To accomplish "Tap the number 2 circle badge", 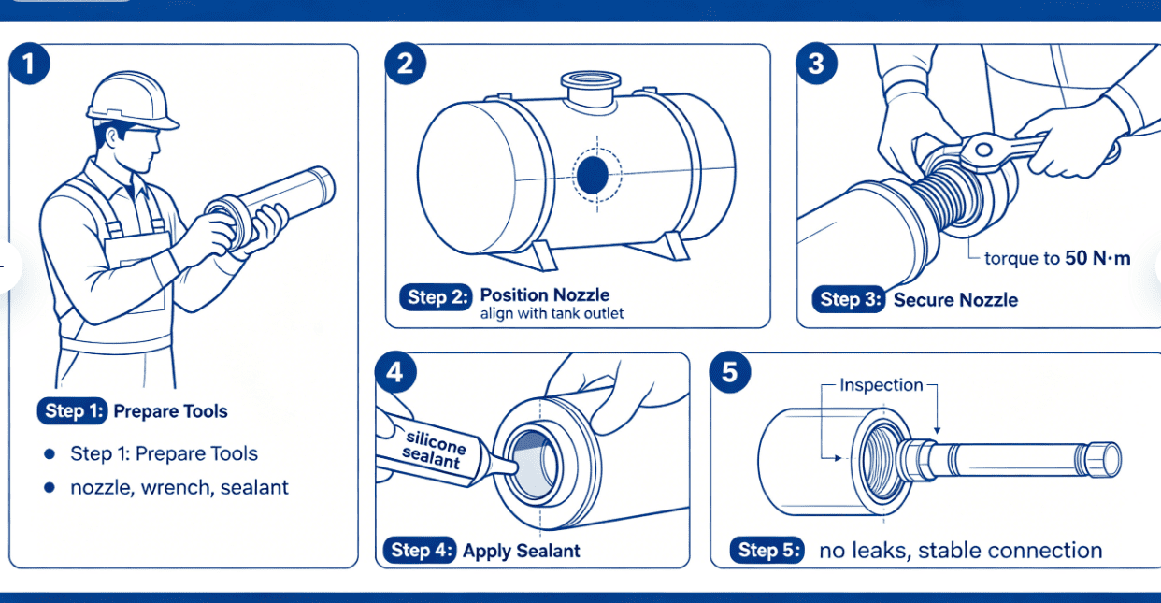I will (405, 65).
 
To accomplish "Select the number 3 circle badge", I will (816, 65).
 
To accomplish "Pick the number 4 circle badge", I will (394, 373).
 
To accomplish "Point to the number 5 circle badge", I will (729, 373).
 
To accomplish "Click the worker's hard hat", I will (131, 102).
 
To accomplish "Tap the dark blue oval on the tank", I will (593, 175).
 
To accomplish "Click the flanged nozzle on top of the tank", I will (585, 89).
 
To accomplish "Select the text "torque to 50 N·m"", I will (1057, 259).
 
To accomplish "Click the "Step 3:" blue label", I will (848, 300).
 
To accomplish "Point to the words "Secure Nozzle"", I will (955, 300).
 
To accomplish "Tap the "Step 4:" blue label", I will (419, 551).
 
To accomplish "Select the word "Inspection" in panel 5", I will (881, 385).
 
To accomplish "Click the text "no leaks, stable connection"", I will (960, 551).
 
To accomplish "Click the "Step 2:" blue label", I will (437, 296).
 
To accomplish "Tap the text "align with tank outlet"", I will (552, 314).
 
